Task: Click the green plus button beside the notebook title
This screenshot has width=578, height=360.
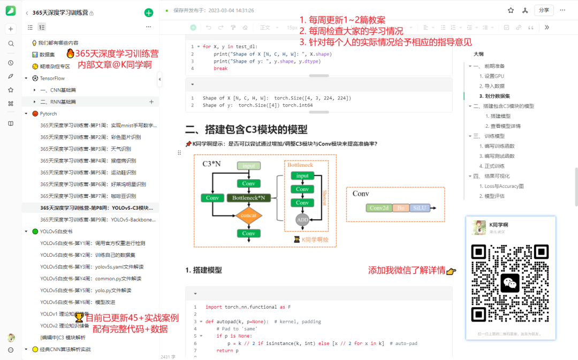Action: [149, 13]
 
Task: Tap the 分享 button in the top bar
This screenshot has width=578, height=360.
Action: [544, 10]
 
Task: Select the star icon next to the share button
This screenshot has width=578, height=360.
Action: [511, 10]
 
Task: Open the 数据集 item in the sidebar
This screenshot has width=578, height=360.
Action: [47, 55]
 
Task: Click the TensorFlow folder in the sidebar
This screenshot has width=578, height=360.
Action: [52, 78]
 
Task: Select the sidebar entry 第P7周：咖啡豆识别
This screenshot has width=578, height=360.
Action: [88, 196]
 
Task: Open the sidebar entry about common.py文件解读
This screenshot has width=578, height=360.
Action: [91, 278]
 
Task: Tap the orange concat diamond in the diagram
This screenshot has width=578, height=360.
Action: [248, 216]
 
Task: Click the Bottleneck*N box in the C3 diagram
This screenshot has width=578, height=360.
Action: [248, 198]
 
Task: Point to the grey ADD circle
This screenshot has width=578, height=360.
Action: [302, 219]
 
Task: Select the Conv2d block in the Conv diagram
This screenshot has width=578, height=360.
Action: [379, 208]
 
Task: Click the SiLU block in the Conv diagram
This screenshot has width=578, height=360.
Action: [419, 208]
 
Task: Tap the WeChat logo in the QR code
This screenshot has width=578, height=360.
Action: [510, 283]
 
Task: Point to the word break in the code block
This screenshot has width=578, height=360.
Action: [220, 68]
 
